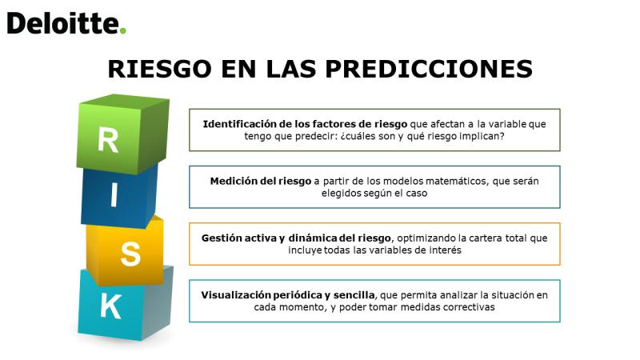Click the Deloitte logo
[66, 23]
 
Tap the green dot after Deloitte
[123, 30]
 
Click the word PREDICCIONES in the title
[429, 69]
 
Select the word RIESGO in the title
[159, 69]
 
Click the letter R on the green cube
[108, 140]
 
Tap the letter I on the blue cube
[114, 194]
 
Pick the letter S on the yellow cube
[130, 254]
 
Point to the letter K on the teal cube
[110, 306]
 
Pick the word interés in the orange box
[446, 250]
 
